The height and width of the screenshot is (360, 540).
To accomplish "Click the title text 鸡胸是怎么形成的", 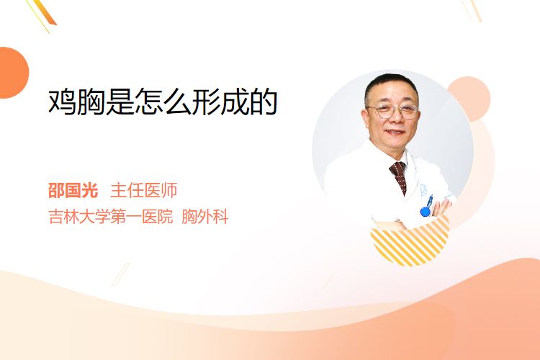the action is point(163,102).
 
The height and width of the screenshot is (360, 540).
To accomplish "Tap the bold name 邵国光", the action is point(73,191).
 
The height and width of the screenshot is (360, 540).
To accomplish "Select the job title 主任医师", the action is point(144,191).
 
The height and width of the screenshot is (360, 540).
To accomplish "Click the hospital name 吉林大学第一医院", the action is point(111,217).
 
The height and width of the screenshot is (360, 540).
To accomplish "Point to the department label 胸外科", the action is point(205,217).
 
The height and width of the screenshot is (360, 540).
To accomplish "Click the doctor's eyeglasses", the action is point(393,112).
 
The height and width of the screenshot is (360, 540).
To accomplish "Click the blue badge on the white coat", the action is point(426,211).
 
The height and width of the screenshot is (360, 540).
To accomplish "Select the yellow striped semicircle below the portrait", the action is point(410,243).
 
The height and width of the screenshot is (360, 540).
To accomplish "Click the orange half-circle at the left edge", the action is point(13,73).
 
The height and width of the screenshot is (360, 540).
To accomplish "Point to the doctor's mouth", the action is point(395,132).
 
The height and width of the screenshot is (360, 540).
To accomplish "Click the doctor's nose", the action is point(395,120).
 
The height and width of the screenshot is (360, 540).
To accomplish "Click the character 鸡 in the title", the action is point(62,102).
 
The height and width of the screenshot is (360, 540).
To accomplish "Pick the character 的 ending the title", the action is point(264,102).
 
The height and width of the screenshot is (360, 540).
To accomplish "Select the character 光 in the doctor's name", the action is point(90,191).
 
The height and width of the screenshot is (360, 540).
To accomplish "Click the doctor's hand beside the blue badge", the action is point(441,208).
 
